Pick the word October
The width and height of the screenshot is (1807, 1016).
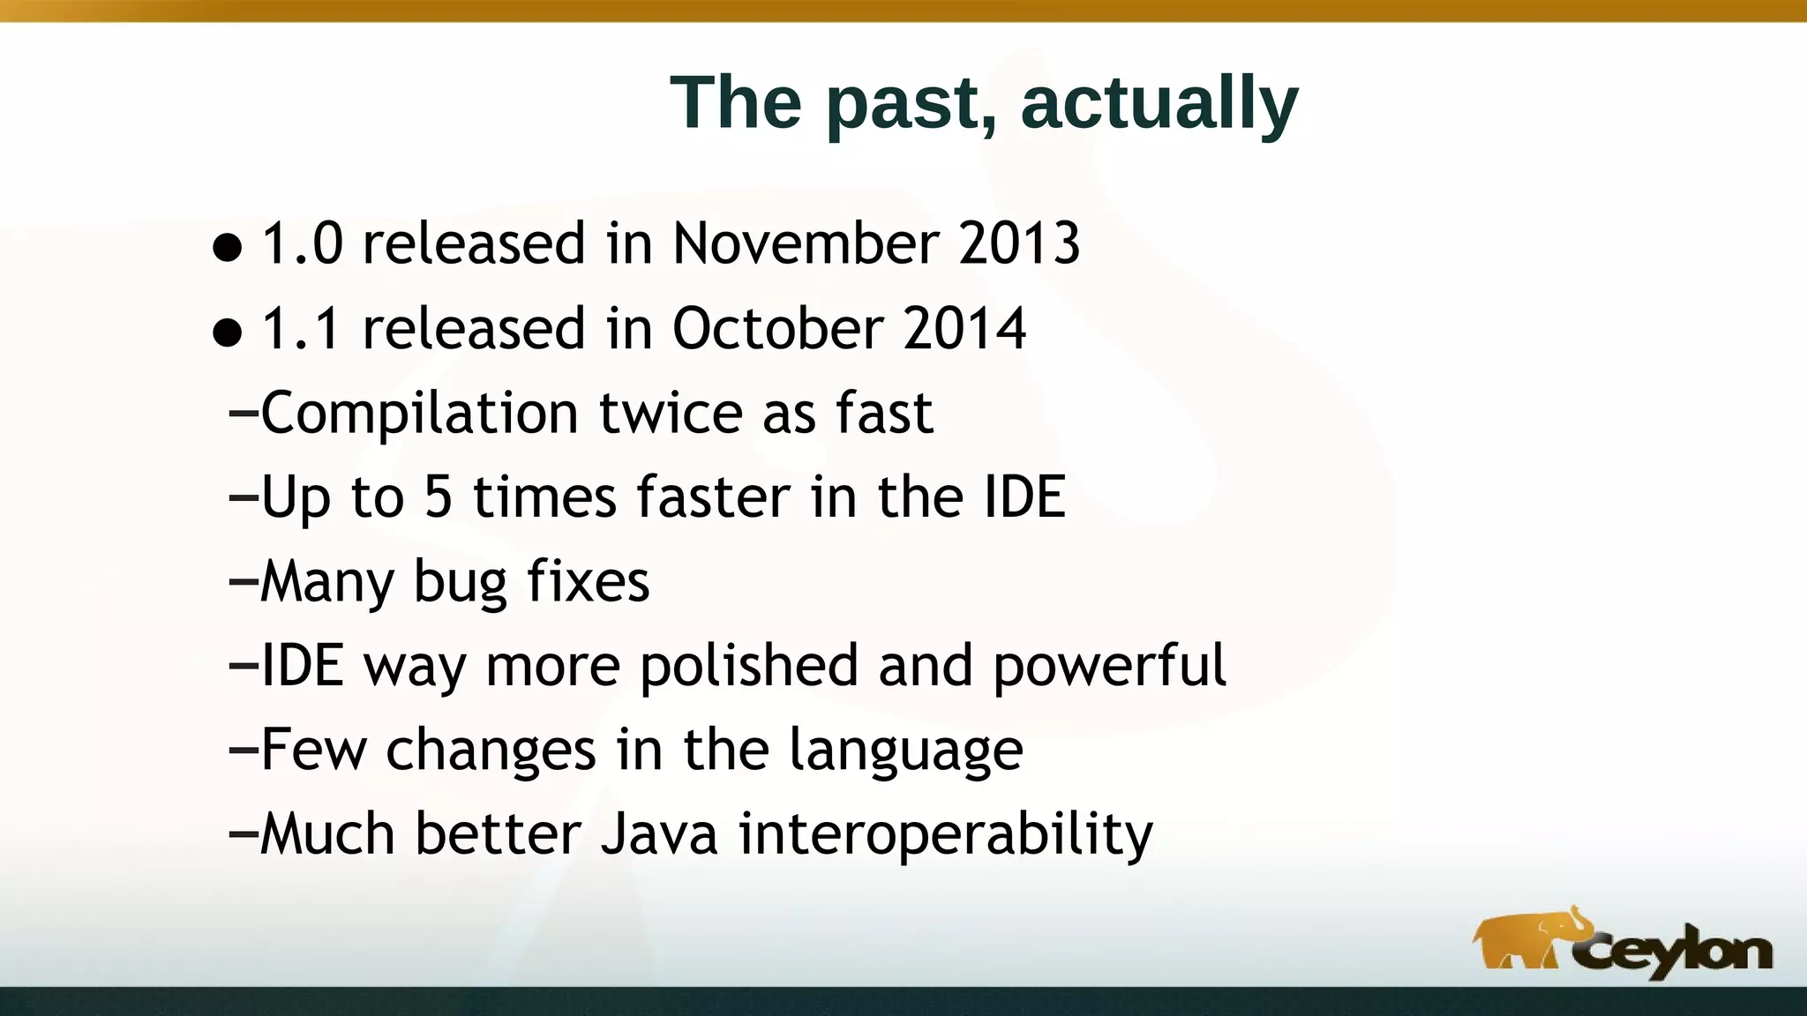[x=777, y=329]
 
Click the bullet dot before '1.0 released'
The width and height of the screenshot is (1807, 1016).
[x=228, y=248]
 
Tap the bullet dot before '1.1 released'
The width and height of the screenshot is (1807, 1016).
[x=228, y=333]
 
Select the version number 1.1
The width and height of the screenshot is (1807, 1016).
[x=301, y=329]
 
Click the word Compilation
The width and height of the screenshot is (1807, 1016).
[x=419, y=414]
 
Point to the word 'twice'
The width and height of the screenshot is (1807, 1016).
[x=671, y=414]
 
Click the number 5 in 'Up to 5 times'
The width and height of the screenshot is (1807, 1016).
[x=439, y=497]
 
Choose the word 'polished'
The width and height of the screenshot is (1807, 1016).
[x=748, y=667]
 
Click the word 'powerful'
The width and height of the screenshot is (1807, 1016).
[x=1109, y=667]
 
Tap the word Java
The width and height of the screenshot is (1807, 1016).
[x=659, y=834]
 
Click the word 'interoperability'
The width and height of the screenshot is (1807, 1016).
[x=945, y=834]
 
